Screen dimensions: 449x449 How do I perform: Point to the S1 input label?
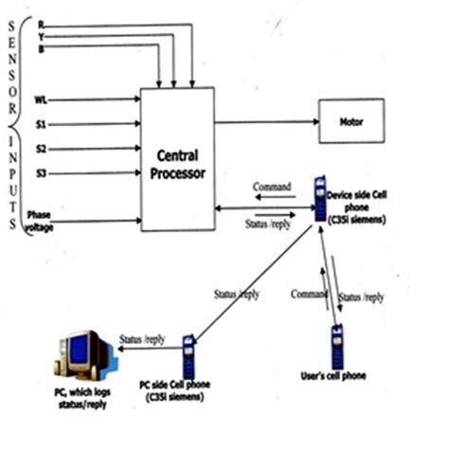(x=40, y=123)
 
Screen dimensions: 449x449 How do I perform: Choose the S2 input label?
(x=40, y=148)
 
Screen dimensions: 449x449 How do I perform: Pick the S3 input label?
(x=40, y=172)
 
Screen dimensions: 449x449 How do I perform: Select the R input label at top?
(x=40, y=26)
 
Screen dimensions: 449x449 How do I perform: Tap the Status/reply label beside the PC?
(x=142, y=338)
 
